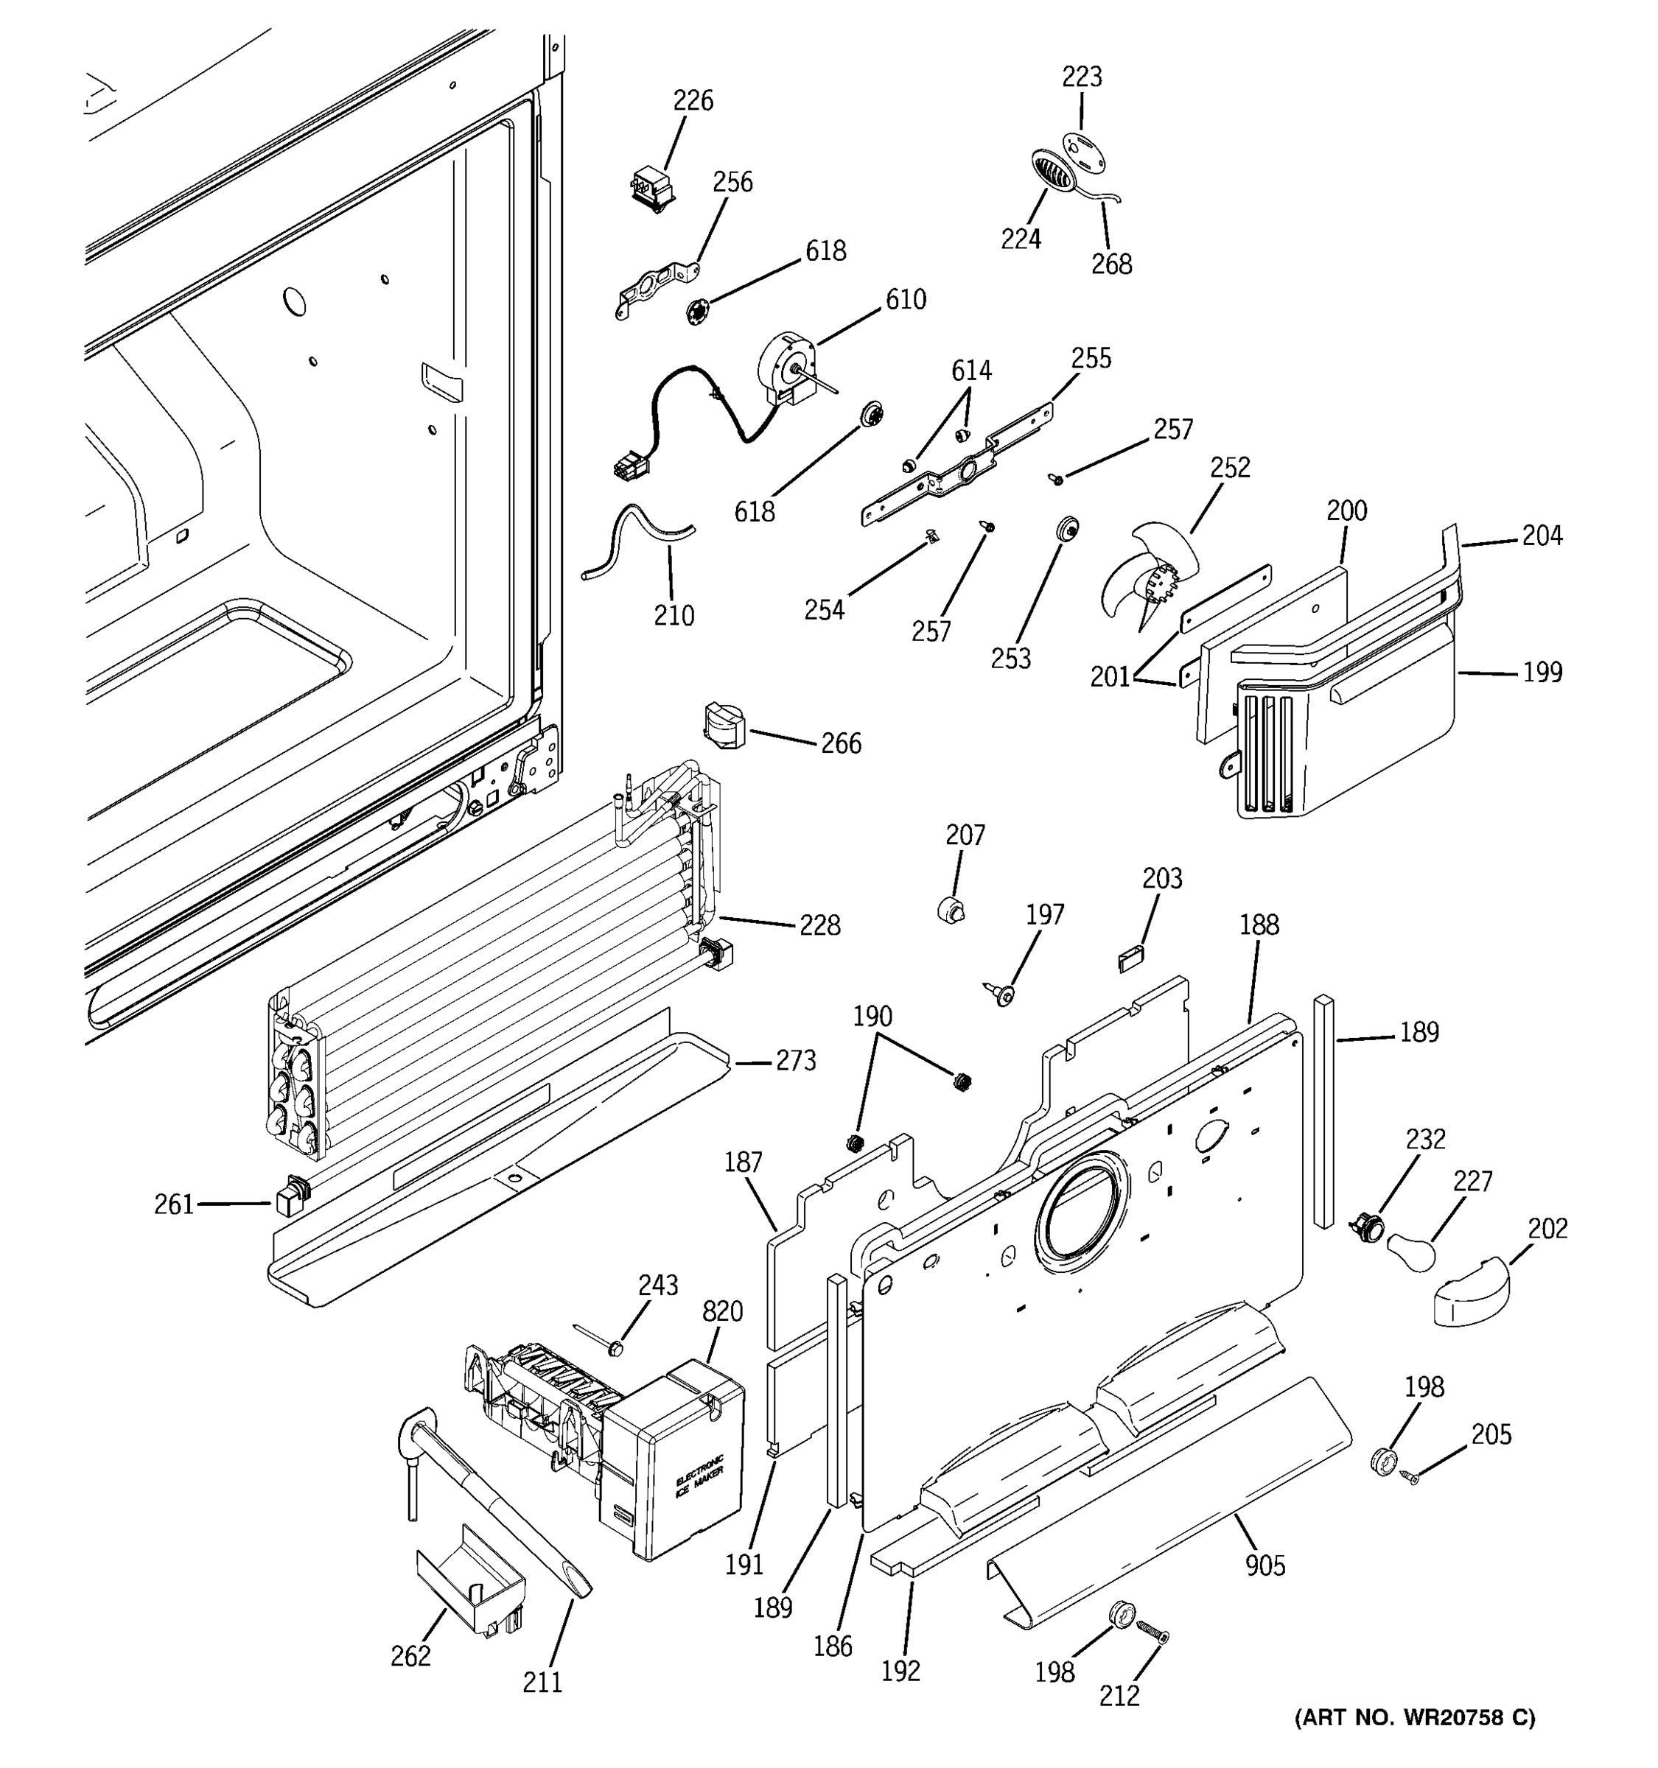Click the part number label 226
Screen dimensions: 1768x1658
[692, 100]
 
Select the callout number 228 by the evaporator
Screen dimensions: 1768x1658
[819, 926]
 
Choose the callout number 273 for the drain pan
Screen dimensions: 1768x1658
[795, 1060]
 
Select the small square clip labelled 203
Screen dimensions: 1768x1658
[1130, 958]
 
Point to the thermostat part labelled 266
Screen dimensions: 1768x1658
[727, 726]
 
